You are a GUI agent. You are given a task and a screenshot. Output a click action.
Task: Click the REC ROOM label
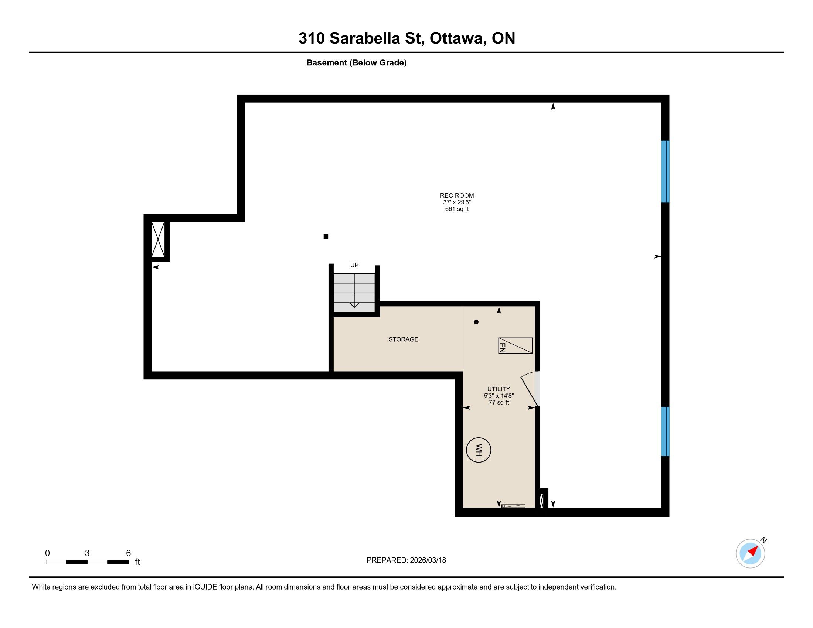coord(457,195)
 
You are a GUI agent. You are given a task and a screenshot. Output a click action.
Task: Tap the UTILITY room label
coord(499,389)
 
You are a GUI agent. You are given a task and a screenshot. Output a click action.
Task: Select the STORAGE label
coord(403,339)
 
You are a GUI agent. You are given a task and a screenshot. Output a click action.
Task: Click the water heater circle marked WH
coord(478,450)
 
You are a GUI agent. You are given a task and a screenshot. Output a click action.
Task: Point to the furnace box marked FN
coord(515,345)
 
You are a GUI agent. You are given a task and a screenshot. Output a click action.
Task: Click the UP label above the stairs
coord(354,265)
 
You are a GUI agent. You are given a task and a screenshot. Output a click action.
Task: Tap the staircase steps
coord(354,293)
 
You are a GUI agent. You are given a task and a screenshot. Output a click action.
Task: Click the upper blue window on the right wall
coord(665,171)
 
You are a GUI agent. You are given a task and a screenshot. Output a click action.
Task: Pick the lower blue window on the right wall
coord(665,431)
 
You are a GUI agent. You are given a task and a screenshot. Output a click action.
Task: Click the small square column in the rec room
coord(326,236)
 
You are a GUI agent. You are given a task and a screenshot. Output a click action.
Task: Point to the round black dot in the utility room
coord(476,322)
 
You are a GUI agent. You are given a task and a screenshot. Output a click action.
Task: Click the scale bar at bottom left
coord(87,562)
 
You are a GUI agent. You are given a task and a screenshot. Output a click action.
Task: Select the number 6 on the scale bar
coord(129,553)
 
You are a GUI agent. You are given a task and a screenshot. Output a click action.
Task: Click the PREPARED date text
coord(406,560)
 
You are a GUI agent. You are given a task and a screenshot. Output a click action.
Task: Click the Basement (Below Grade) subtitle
coord(356,62)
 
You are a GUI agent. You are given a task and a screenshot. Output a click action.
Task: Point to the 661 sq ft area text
coord(457,209)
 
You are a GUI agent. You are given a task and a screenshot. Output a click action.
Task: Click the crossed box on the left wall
coord(158,239)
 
